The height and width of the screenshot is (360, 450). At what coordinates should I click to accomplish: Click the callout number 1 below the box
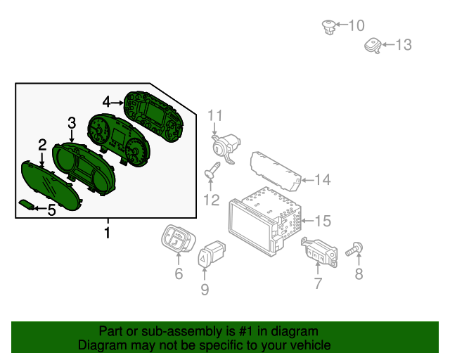[x=107, y=232]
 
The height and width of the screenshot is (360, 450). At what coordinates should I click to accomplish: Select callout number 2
[x=42, y=146]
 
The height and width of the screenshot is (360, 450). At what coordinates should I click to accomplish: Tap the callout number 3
[x=72, y=124]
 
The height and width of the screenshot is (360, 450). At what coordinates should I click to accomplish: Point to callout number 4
[x=106, y=102]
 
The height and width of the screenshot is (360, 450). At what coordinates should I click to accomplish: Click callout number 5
[x=51, y=209]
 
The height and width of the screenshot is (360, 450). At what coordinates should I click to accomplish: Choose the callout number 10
[x=356, y=26]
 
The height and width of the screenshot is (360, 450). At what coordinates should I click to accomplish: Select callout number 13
[x=402, y=46]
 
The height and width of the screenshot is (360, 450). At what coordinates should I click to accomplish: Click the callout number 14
[x=321, y=180]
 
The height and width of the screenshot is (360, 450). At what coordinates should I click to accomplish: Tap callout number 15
[x=321, y=221]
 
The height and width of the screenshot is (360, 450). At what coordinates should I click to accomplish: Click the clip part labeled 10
[x=327, y=27]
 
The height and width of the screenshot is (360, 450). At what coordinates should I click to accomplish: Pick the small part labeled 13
[x=371, y=46]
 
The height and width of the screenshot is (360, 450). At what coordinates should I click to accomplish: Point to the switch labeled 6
[x=175, y=239]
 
